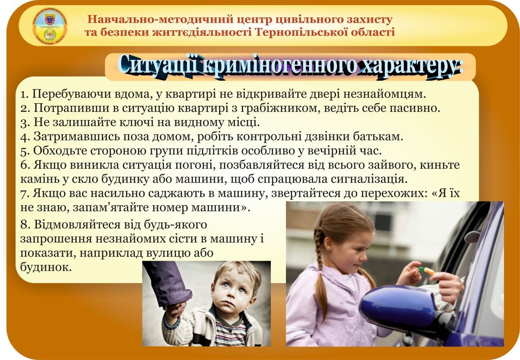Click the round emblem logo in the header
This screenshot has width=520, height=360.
[50, 26]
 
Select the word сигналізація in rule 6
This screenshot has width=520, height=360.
[369, 179]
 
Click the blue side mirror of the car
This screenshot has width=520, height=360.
[397, 307]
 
